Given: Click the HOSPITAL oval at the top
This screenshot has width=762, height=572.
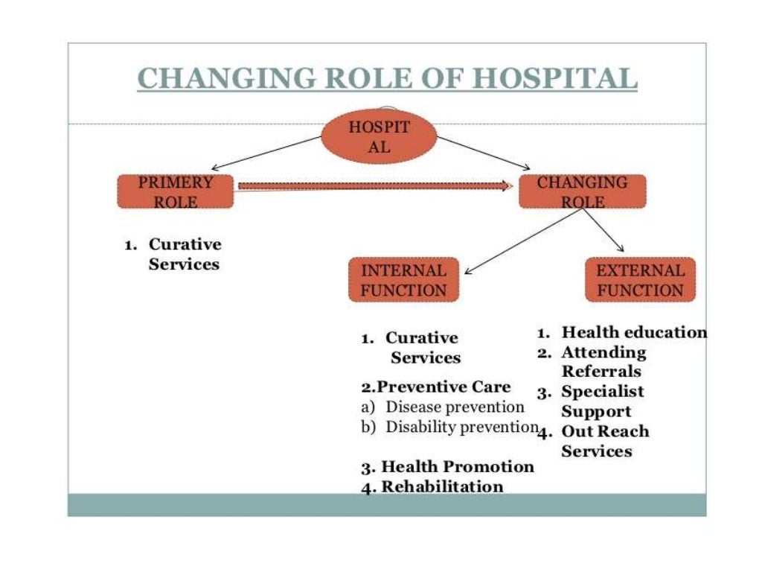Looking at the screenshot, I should pos(379,137).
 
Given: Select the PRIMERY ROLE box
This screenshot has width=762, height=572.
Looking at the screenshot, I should pos(176,191).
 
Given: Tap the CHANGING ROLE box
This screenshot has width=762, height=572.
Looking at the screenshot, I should pos(582,191).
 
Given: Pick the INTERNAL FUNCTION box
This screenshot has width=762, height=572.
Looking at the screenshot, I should pos(403,280).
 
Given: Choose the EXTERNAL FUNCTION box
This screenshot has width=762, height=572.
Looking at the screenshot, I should pos(640,280).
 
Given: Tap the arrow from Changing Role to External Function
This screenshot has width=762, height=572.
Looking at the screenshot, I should pos(604,232).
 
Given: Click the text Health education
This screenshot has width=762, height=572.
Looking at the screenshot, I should pos(633,332).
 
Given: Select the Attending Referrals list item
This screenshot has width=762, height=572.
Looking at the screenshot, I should pos(603,361).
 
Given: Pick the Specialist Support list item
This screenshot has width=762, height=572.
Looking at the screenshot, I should pos(603,401).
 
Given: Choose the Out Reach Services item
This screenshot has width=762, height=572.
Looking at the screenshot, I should pos(604,441).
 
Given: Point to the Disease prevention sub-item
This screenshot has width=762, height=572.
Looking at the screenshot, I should pos(454,407).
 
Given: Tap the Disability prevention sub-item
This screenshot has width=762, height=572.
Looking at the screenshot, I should pos(461,428).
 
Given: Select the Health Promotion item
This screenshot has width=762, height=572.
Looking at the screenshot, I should pos(457,467).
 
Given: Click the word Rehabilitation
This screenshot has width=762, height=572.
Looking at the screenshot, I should pos(442,487).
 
